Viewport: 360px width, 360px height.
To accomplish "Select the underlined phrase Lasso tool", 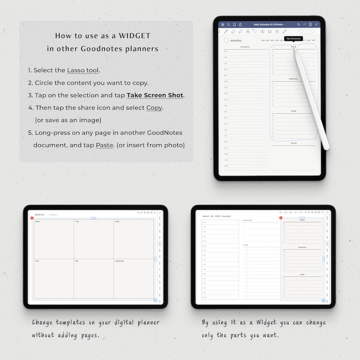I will click(x=83, y=70).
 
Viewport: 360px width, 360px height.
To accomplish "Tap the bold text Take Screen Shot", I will click(x=155, y=95).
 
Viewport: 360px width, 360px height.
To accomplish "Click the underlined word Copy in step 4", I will click(x=154, y=108).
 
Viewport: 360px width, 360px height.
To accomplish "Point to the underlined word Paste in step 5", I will click(x=104, y=145).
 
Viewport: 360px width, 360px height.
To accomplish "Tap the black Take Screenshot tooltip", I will click(x=293, y=39).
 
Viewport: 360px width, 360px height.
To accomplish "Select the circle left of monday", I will click(x=227, y=40).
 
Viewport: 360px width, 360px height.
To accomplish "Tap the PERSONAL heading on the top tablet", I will click(x=293, y=79).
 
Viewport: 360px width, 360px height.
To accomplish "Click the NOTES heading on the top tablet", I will click(x=293, y=143).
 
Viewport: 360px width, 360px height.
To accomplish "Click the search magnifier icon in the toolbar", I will click(x=229, y=24).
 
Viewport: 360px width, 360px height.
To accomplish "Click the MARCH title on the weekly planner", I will click(x=39, y=214).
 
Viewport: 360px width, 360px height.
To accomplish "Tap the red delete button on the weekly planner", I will click(x=32, y=219).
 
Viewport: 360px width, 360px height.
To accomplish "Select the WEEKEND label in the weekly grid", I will click(x=119, y=261).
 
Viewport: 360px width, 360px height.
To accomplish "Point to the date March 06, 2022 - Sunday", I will click(x=216, y=216).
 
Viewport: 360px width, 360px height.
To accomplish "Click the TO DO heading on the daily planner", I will click(x=245, y=245).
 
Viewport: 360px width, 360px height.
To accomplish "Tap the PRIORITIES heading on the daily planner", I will click(x=248, y=220).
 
